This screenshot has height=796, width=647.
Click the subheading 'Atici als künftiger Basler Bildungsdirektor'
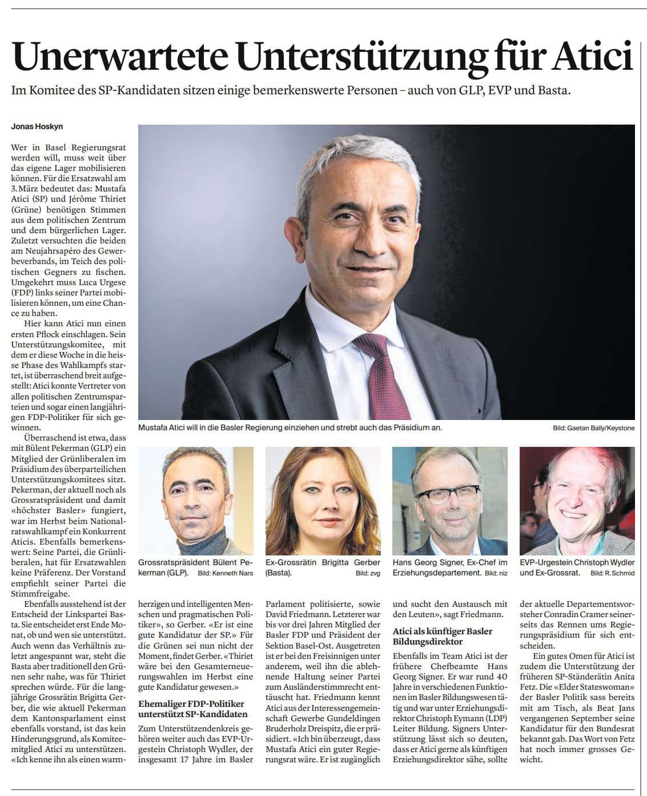[x=442, y=637]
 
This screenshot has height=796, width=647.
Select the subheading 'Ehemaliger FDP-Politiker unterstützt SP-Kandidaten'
[x=192, y=709]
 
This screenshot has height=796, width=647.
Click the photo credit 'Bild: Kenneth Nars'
[x=224, y=573]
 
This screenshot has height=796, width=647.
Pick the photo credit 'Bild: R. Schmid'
[x=612, y=573]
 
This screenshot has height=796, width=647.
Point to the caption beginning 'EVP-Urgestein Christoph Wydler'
[x=577, y=562]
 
